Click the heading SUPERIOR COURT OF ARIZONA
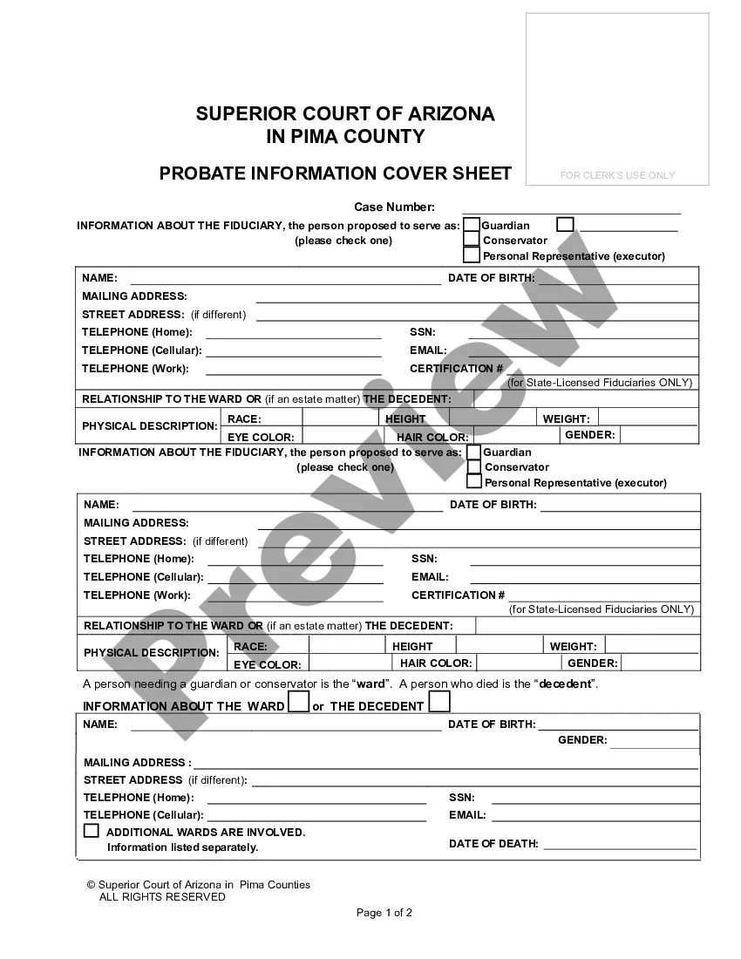point(344,114)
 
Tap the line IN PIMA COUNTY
point(345,137)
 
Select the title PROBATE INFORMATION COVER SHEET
point(336,173)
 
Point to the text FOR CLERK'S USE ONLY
point(617,176)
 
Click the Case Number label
point(394,207)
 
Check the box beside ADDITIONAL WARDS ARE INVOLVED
point(92,831)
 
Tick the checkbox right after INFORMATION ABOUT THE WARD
point(298,702)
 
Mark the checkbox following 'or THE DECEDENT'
point(439,701)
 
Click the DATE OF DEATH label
point(493,844)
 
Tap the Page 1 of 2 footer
point(384,914)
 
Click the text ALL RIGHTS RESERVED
point(162,897)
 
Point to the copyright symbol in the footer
point(91,885)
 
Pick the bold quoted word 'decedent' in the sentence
point(566,684)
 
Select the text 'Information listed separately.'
point(182,847)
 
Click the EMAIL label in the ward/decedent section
point(467,816)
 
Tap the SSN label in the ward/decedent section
point(462,798)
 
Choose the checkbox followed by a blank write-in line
point(565,224)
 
